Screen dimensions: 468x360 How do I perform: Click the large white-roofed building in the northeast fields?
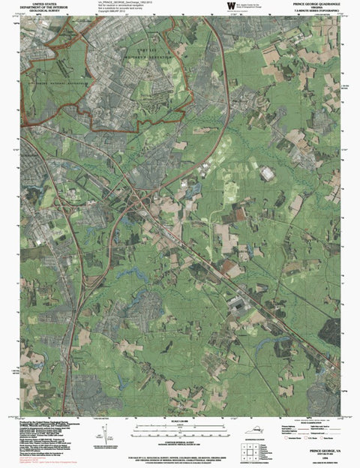(267, 174)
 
